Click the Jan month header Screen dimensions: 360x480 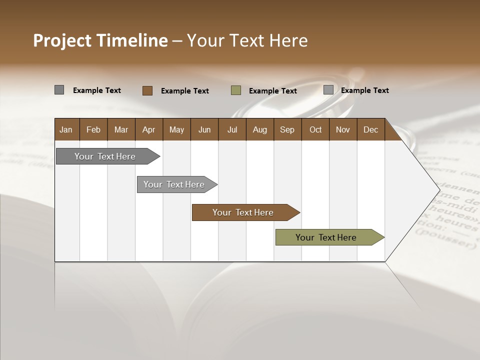pyautogui.click(x=66, y=129)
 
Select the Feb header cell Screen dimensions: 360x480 pyautogui.click(x=93, y=129)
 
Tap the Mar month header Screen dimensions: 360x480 pyautogui.click(x=121, y=129)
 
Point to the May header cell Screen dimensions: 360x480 pyautogui.click(x=176, y=129)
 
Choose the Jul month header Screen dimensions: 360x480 pyautogui.click(x=232, y=129)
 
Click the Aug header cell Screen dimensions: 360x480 pyautogui.click(x=260, y=129)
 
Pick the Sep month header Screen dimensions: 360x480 pyautogui.click(x=287, y=129)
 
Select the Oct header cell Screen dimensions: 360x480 pyautogui.click(x=315, y=129)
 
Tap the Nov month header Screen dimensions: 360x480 pyautogui.click(x=343, y=129)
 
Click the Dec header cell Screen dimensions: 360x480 pyautogui.click(x=370, y=129)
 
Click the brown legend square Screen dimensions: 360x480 pyautogui.click(x=147, y=90)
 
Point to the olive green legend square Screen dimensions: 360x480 pyautogui.click(x=236, y=90)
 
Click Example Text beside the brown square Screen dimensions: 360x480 pyautogui.click(x=185, y=91)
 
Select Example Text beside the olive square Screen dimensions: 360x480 pyautogui.click(x=273, y=91)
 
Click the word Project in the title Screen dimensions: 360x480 pyautogui.click(x=62, y=40)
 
